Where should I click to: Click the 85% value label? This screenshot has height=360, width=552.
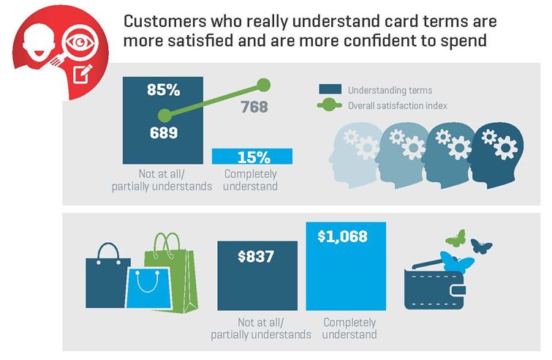tap(164, 89)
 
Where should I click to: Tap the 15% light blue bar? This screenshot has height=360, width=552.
tap(252, 157)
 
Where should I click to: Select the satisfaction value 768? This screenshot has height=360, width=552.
tap(254, 107)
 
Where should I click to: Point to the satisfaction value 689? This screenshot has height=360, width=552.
tap(164, 132)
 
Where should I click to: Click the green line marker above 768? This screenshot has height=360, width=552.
tap(263, 85)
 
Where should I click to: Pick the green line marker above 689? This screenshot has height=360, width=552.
tap(165, 115)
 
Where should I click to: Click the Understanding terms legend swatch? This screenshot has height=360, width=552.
tap(330, 89)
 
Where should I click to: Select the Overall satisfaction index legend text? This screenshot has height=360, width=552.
tap(398, 105)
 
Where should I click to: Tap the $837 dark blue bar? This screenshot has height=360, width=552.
tap(257, 276)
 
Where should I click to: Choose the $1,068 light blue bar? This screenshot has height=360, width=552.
tap(346, 266)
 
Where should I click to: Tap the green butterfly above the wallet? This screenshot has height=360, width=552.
tap(455, 239)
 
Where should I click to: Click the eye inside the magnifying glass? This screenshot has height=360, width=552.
tap(80, 42)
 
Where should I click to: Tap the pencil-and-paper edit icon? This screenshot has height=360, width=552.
tap(83, 73)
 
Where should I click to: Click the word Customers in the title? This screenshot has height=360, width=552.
tap(165, 21)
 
